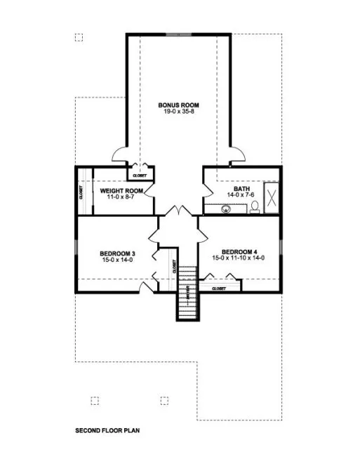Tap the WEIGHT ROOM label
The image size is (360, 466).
(121, 191)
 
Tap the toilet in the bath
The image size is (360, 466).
(255, 206)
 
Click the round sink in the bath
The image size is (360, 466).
(226, 208)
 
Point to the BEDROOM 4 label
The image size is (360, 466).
(239, 252)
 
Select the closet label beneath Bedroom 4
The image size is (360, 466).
(218, 288)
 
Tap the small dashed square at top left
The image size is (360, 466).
(79, 37)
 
